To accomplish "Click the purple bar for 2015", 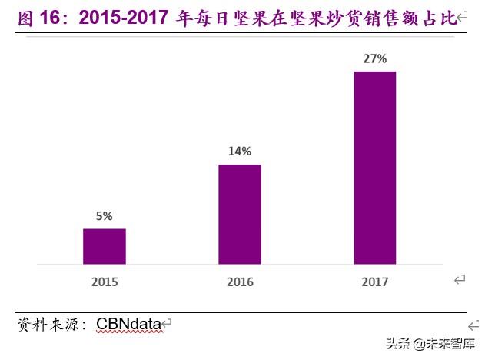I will (x=104, y=246).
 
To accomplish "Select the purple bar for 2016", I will (x=239, y=214).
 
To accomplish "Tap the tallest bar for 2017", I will (x=374, y=168).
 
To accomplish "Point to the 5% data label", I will (x=105, y=216).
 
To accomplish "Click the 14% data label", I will (x=239, y=152).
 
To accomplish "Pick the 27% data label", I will (x=374, y=58).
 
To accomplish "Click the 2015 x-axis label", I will (x=105, y=282).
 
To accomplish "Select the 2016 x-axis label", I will (x=240, y=282).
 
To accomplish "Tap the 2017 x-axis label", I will (x=374, y=282).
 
